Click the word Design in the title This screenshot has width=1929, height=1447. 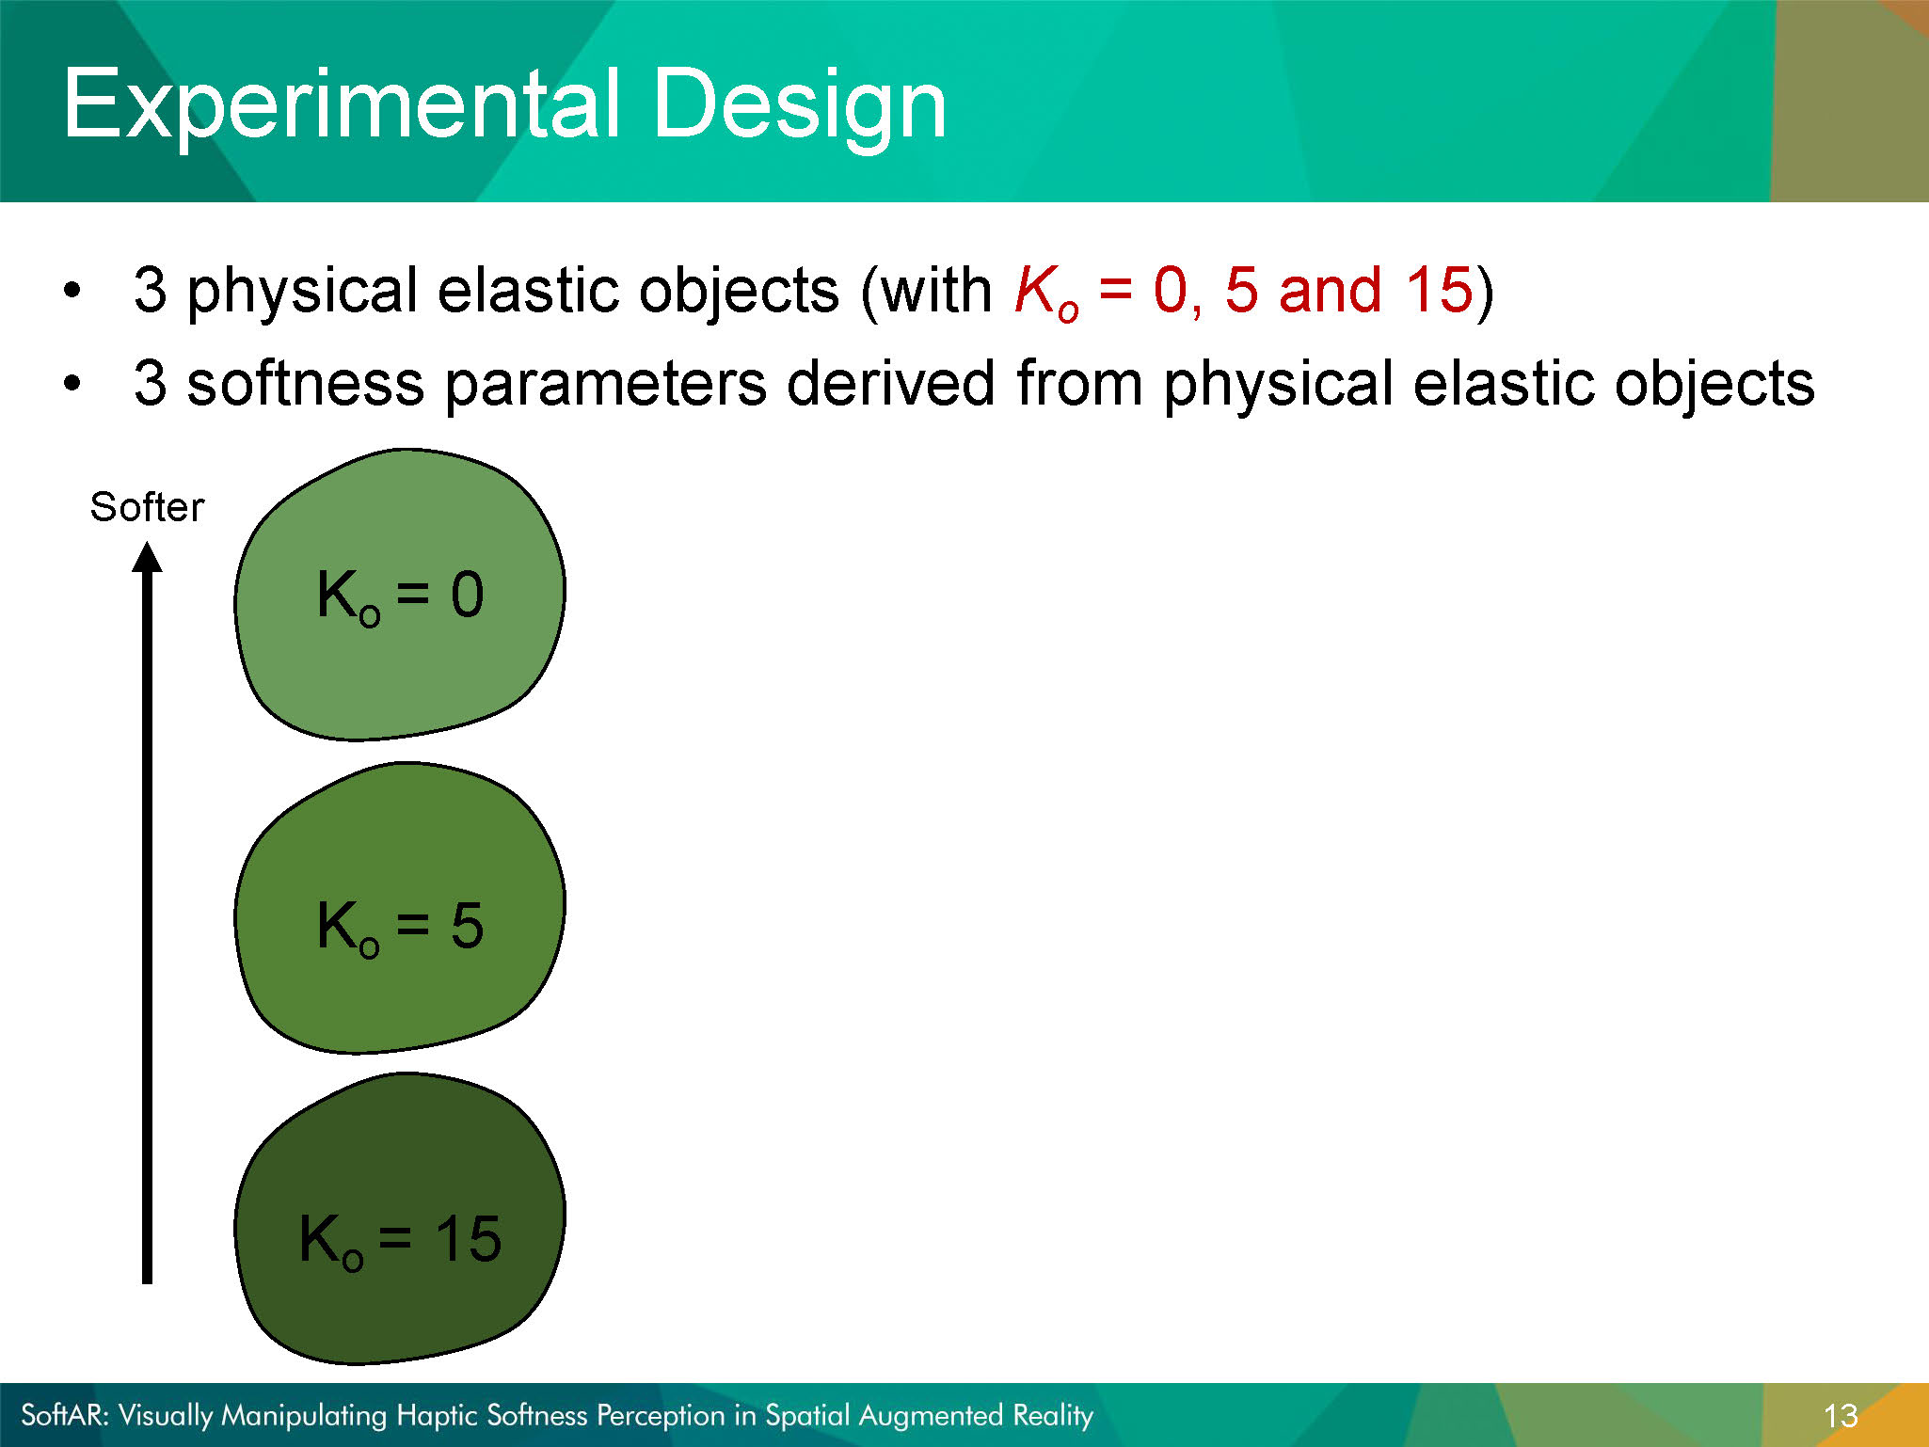(x=800, y=105)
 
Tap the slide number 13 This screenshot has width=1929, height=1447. (x=1841, y=1416)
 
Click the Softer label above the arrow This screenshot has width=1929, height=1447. (x=147, y=507)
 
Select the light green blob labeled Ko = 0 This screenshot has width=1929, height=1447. (x=399, y=595)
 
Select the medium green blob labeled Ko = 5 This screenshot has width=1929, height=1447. (x=399, y=908)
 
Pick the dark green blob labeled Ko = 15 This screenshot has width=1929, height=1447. (x=399, y=1219)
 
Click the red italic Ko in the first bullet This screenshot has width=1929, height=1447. (x=1046, y=292)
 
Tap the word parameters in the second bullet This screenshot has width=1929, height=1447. (x=605, y=386)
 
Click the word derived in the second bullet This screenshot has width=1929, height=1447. (x=890, y=383)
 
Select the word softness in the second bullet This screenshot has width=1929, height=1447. (x=306, y=384)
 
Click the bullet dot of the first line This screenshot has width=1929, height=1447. (x=72, y=289)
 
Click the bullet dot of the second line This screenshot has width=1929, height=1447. (x=72, y=383)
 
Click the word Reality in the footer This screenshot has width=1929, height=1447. (x=1053, y=1416)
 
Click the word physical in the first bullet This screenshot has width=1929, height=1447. (x=302, y=292)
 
